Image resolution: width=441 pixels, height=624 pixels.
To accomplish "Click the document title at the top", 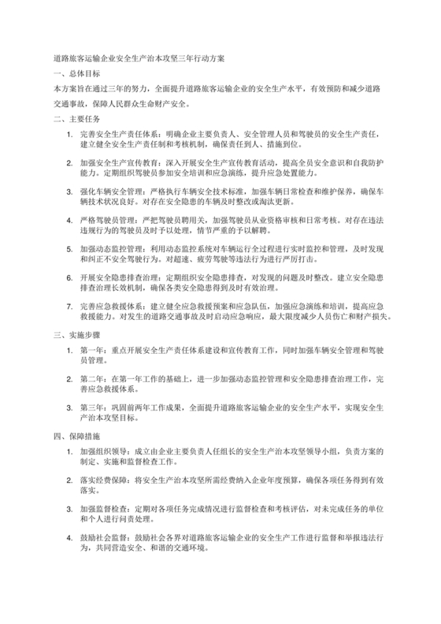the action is point(139,58).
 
